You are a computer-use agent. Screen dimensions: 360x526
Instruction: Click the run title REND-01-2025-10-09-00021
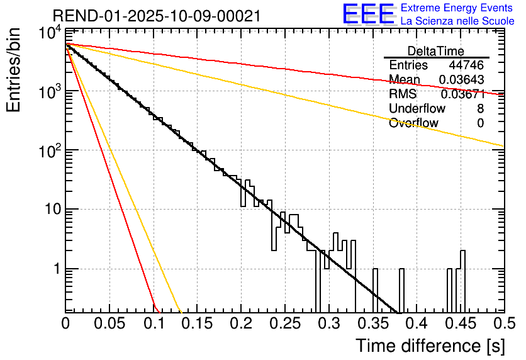[x=156, y=16]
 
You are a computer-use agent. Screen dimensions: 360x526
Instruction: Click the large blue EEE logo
[x=368, y=14]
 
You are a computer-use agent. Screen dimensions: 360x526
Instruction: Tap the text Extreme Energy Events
[x=457, y=8]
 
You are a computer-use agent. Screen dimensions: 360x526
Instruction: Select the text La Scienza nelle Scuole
[x=457, y=21]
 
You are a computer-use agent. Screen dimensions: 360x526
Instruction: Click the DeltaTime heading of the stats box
[x=436, y=51]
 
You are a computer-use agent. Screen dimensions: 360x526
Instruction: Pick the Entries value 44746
[x=466, y=65]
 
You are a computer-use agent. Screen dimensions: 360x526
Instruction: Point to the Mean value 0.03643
[x=462, y=80]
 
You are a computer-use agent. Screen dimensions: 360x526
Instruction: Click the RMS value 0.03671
[x=462, y=94]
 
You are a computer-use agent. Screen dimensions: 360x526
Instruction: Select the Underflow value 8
[x=480, y=109]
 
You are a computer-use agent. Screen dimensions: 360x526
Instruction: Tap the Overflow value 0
[x=480, y=123]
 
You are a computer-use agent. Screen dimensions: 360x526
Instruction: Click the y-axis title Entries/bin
[x=15, y=69]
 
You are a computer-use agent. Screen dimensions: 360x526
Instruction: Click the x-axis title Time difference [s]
[x=429, y=346]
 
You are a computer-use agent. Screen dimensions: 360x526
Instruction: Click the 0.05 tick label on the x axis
[x=109, y=324]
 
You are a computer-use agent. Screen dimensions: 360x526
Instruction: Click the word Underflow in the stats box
[x=417, y=109]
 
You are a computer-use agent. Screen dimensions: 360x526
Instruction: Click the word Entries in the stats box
[x=408, y=65]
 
